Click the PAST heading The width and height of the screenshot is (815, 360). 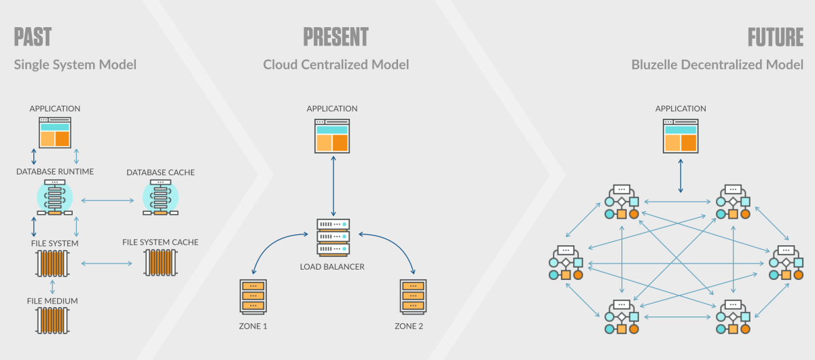pyautogui.click(x=33, y=37)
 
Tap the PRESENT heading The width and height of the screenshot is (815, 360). pyautogui.click(x=336, y=37)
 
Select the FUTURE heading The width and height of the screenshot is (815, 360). pyautogui.click(x=776, y=37)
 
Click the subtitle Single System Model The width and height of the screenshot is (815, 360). pyautogui.click(x=75, y=65)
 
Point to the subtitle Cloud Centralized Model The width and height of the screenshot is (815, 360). pyautogui.click(x=336, y=65)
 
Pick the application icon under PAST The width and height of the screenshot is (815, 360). pyautogui.click(x=55, y=132)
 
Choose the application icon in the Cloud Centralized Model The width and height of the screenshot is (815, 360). pyautogui.click(x=332, y=136)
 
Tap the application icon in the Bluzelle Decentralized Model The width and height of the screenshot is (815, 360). pyautogui.click(x=681, y=136)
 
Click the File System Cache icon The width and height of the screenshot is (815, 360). pyautogui.click(x=160, y=263)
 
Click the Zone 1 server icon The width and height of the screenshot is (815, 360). pyautogui.click(x=253, y=296)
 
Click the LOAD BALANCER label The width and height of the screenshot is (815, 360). pyautogui.click(x=332, y=266)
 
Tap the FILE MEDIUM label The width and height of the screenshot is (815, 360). pyautogui.click(x=52, y=300)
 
